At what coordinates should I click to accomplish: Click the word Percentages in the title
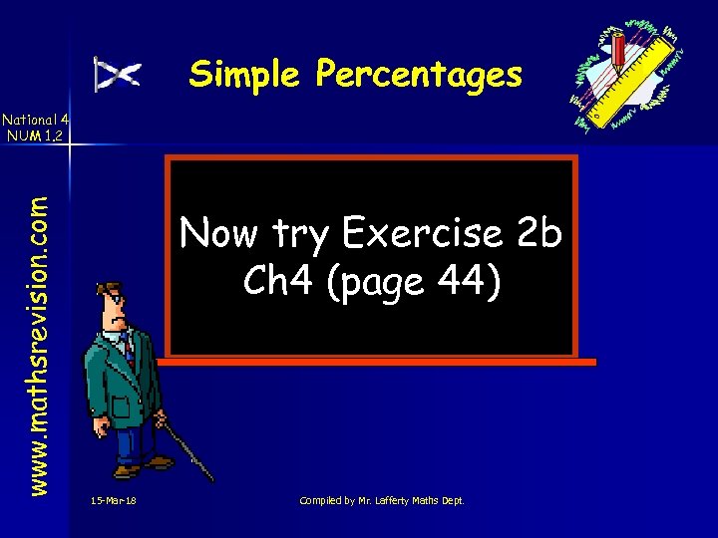(419, 75)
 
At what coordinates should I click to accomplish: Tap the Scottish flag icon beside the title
(118, 74)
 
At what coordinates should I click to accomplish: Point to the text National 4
(34, 118)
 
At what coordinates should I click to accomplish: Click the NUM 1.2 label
(34, 134)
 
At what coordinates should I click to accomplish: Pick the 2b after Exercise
(539, 234)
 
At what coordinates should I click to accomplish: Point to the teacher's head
(111, 299)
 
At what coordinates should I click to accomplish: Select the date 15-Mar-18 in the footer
(112, 500)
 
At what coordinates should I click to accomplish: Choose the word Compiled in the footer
(322, 500)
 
